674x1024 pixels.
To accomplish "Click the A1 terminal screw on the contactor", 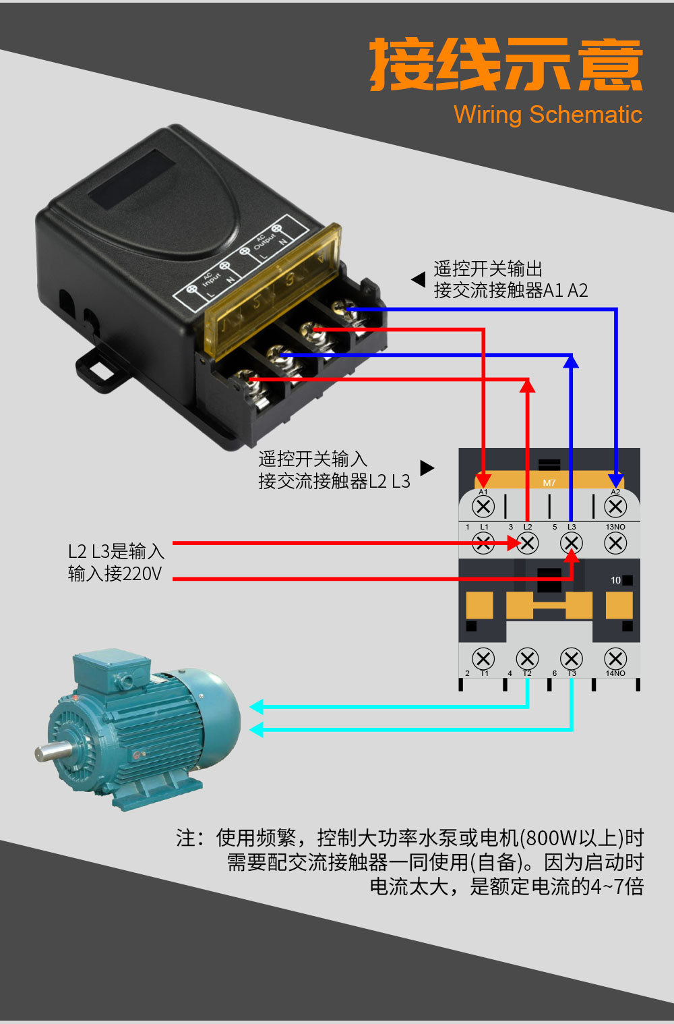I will point(483,506).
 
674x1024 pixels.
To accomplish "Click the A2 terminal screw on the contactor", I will point(615,506).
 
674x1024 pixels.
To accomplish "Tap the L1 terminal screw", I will point(483,543).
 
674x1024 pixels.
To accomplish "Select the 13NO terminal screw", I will point(615,543).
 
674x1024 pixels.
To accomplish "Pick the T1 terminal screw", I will point(483,658).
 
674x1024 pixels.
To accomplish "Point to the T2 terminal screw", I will point(527,658).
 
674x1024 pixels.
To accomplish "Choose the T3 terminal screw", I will point(571,658).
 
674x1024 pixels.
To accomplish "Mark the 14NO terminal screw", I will point(615,658).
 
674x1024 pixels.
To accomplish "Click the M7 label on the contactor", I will point(549,483).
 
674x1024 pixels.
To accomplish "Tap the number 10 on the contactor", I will point(615,580).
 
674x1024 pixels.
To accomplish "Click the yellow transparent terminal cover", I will point(273,290).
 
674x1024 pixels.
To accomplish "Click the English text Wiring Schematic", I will point(547,114).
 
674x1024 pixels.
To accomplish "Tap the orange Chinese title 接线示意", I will point(506,65).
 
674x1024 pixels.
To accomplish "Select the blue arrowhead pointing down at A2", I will point(615,480).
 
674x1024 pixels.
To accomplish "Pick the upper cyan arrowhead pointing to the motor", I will point(256,707).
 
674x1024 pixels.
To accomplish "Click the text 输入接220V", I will point(115,574).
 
